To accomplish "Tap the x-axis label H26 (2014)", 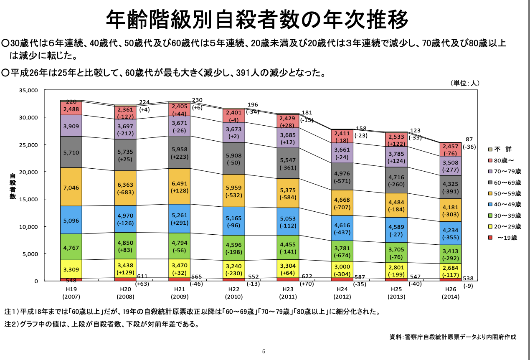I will [x=450, y=293].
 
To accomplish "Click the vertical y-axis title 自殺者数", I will [x=13, y=186].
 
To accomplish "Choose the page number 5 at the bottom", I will [x=264, y=351].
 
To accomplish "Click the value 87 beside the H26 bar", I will [x=469, y=139].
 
